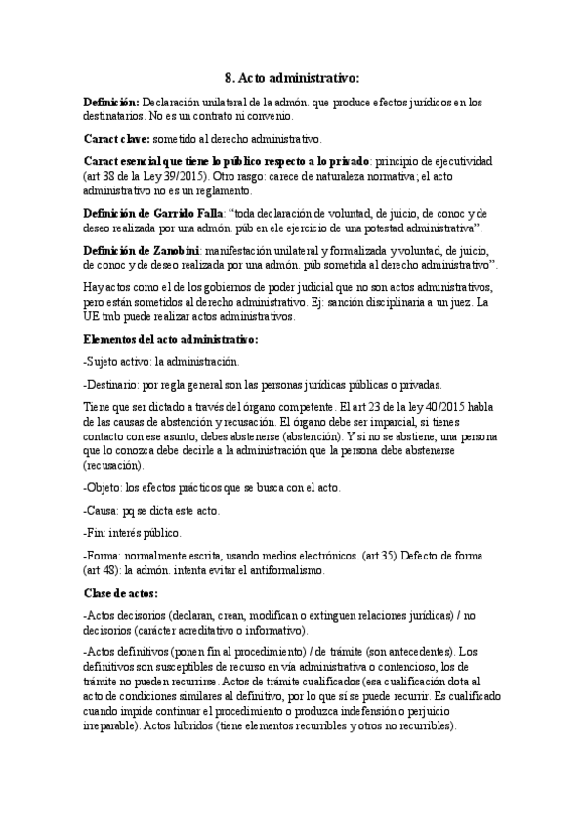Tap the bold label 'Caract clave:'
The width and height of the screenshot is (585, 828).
click(x=115, y=138)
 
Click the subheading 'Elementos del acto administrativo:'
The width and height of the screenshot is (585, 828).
click(x=171, y=339)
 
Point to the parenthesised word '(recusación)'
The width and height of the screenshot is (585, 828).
click(x=115, y=466)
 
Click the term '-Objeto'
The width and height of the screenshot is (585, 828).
click(x=105, y=487)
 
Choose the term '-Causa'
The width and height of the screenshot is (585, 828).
click(x=104, y=511)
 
